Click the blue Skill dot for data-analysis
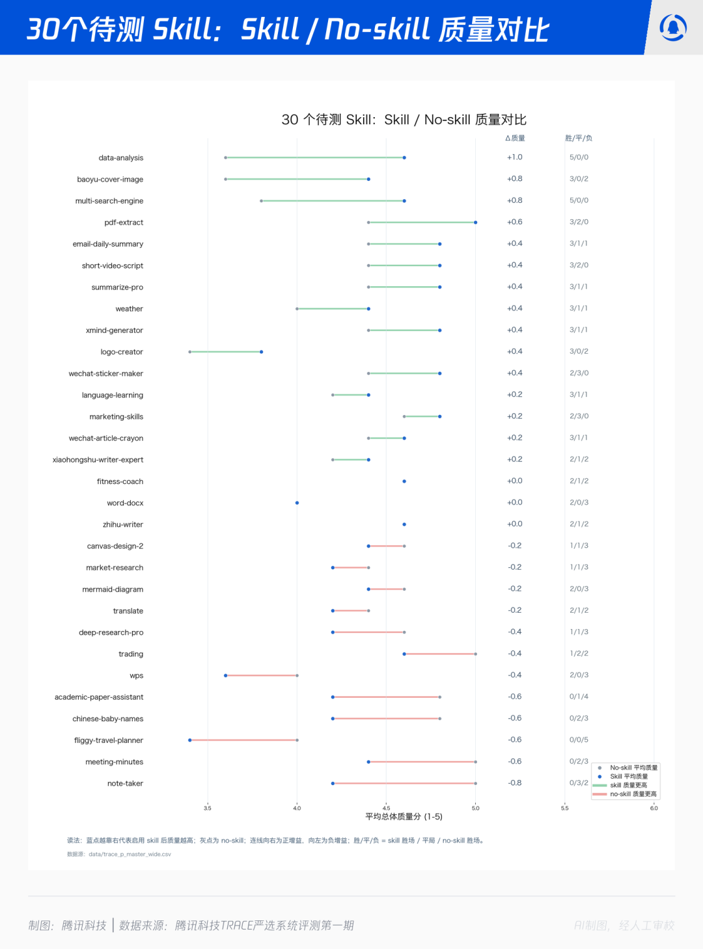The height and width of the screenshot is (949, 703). (404, 157)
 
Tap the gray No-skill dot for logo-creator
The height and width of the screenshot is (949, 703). (190, 352)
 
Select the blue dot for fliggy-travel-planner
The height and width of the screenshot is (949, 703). (190, 740)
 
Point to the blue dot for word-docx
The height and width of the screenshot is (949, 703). (297, 503)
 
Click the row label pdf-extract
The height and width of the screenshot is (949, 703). (124, 222)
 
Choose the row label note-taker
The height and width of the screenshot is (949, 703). (125, 783)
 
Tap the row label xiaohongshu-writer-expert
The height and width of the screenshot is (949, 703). (98, 459)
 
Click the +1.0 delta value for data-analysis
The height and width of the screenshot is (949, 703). (515, 157)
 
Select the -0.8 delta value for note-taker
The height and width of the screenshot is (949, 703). (515, 782)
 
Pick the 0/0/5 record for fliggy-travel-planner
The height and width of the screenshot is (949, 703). (579, 740)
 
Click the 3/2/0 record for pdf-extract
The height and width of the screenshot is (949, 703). (579, 222)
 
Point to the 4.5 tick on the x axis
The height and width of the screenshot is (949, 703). (386, 809)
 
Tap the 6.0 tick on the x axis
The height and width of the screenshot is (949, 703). (654, 809)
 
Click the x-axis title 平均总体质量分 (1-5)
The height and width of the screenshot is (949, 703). (404, 817)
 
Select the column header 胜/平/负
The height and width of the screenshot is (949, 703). (579, 138)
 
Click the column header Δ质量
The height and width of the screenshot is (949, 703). (515, 138)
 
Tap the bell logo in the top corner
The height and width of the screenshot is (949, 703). (673, 27)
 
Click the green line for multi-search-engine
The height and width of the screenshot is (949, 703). (333, 201)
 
